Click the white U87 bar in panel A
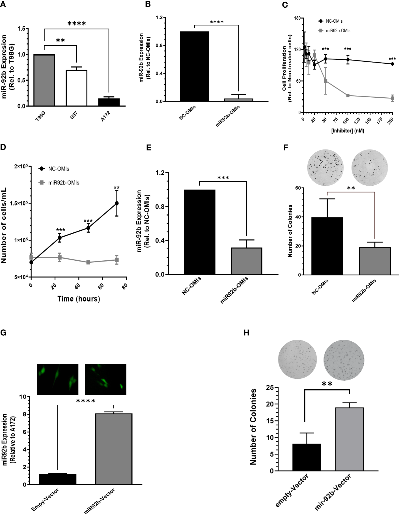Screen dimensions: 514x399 (x=77, y=88)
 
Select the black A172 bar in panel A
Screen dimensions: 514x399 (x=109, y=102)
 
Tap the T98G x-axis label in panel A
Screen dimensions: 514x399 (x=40, y=117)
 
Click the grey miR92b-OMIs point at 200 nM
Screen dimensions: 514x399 (x=392, y=98)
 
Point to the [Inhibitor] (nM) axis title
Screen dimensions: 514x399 (x=348, y=131)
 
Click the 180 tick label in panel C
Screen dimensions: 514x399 (x=297, y=18)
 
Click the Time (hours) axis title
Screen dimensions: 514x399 (x=79, y=299)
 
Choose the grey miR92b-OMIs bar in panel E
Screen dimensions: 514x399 (x=247, y=261)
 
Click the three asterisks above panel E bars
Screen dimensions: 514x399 (x=223, y=178)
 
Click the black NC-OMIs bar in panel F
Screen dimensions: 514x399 (x=327, y=246)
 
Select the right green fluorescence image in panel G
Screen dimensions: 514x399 (x=105, y=379)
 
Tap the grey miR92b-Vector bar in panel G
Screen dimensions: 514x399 (x=114, y=449)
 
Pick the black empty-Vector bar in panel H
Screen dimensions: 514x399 (x=307, y=457)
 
